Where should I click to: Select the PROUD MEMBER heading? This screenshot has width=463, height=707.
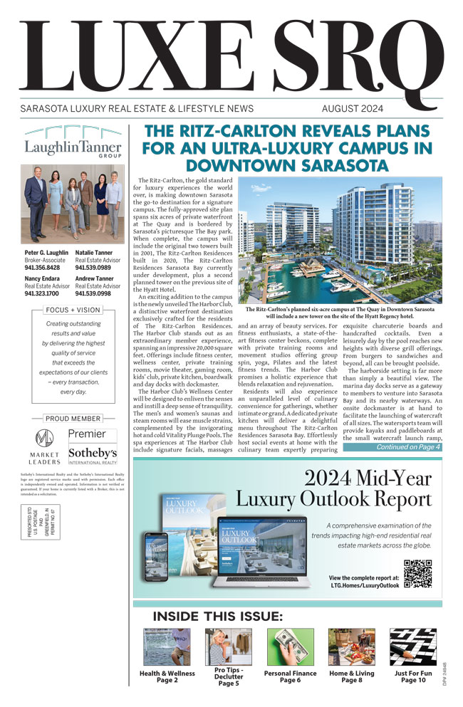coord(73,419)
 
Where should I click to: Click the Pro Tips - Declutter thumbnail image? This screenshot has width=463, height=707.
coord(228,646)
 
